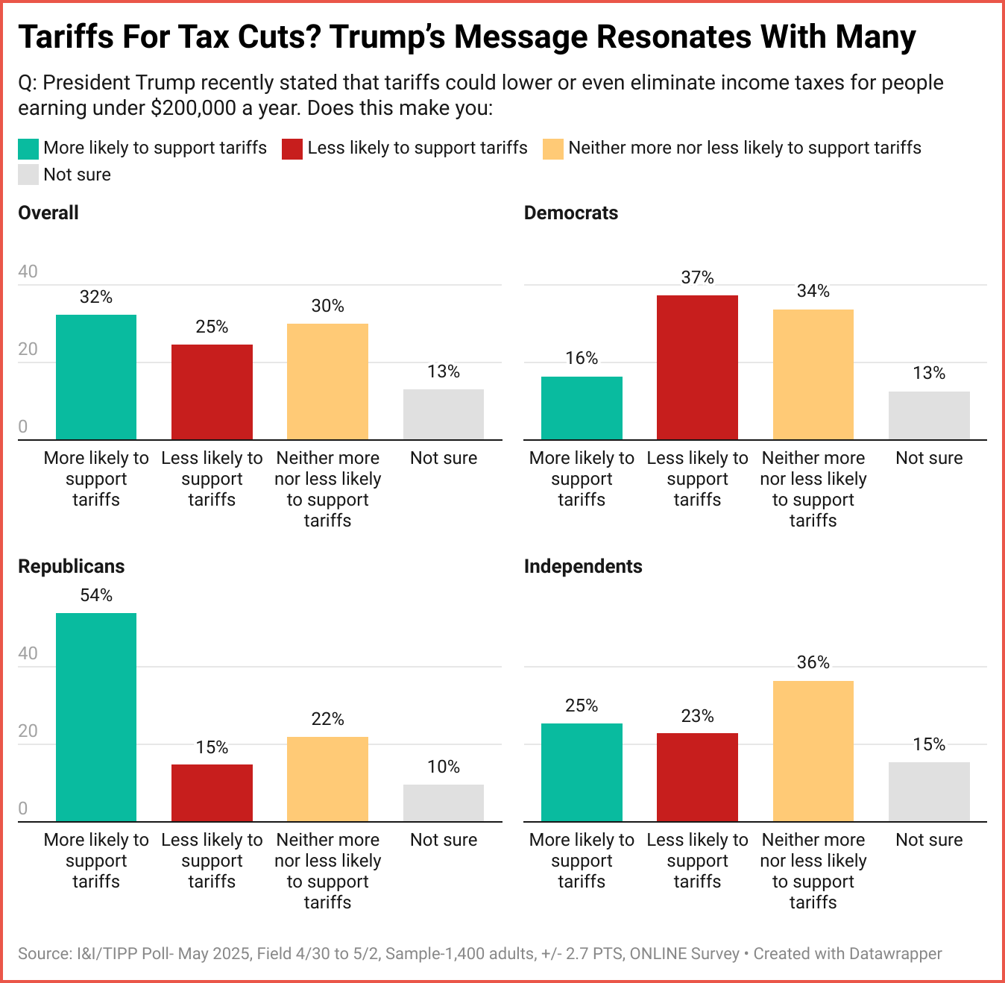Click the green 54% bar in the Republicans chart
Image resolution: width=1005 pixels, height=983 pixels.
[96, 717]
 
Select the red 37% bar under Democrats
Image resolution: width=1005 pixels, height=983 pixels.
[697, 367]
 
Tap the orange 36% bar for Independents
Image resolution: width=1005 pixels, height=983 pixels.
[813, 751]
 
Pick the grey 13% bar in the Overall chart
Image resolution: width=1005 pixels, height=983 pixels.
[444, 414]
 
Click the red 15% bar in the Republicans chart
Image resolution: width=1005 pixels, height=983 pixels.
[212, 793]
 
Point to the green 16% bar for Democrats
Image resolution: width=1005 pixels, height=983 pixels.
[582, 408]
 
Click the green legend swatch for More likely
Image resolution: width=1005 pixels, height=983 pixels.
[28, 148]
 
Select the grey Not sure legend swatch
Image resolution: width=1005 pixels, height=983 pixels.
[28, 175]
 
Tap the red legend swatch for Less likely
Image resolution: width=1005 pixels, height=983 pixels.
[292, 148]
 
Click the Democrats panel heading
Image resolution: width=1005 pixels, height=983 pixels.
[571, 213]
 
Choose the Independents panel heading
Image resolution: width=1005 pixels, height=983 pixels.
[583, 567]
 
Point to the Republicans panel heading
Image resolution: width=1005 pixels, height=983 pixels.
[72, 567]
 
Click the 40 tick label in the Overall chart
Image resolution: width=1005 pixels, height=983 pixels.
[28, 271]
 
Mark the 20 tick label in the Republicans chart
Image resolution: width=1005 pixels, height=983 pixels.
[28, 731]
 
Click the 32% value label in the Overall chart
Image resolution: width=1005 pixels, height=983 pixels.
[96, 298]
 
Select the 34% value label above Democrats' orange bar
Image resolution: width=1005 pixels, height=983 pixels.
[813, 292]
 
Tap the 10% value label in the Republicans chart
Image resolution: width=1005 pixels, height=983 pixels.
[444, 767]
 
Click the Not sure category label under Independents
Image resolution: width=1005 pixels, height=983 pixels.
[929, 840]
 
